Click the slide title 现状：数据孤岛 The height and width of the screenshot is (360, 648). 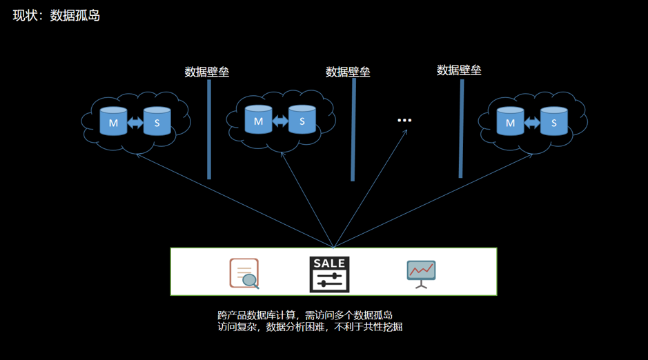pyautogui.click(x=56, y=15)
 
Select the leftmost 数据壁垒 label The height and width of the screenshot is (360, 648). pyautogui.click(x=206, y=72)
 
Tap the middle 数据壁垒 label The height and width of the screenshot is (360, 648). pyautogui.click(x=348, y=72)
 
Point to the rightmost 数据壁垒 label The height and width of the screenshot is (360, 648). pyautogui.click(x=459, y=70)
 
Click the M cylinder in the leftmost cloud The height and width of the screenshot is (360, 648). pyautogui.click(x=113, y=121)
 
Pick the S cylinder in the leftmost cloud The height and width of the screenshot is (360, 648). pyautogui.click(x=157, y=121)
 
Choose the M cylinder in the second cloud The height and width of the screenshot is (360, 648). pyautogui.click(x=258, y=120)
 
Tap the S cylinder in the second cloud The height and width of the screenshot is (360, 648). pyautogui.click(x=302, y=120)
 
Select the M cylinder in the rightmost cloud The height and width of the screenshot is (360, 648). pyautogui.click(x=511, y=121)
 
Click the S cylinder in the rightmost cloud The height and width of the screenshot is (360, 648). pyautogui.click(x=553, y=121)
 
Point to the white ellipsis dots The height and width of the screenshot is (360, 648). pyautogui.click(x=404, y=120)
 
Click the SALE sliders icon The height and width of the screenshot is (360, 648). pyautogui.click(x=329, y=274)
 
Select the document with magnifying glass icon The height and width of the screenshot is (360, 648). pyautogui.click(x=244, y=273)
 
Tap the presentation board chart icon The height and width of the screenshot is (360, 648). pyautogui.click(x=421, y=274)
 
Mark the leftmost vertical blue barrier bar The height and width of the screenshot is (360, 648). pyautogui.click(x=209, y=130)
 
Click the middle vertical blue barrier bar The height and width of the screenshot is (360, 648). pyautogui.click(x=353, y=130)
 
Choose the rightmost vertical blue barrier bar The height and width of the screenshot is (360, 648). pyautogui.click(x=461, y=128)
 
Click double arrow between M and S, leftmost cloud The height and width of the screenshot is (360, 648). pyautogui.click(x=135, y=123)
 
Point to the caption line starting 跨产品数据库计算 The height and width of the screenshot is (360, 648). pyautogui.click(x=305, y=315)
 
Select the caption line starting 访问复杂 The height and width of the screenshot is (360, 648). pyautogui.click(x=310, y=327)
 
